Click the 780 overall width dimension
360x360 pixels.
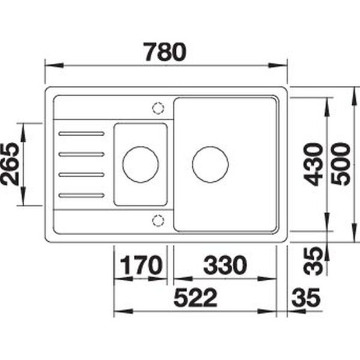click(165, 52)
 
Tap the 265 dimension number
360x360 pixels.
click(10, 164)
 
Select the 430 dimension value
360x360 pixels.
click(313, 164)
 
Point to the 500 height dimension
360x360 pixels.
click(341, 164)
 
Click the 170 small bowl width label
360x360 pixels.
click(141, 265)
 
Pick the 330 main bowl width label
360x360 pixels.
click(225, 265)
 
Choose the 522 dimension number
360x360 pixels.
click(195, 298)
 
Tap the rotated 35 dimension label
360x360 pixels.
click(313, 261)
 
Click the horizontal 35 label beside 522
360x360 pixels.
click(306, 298)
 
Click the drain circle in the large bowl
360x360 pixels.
click(211, 146)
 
